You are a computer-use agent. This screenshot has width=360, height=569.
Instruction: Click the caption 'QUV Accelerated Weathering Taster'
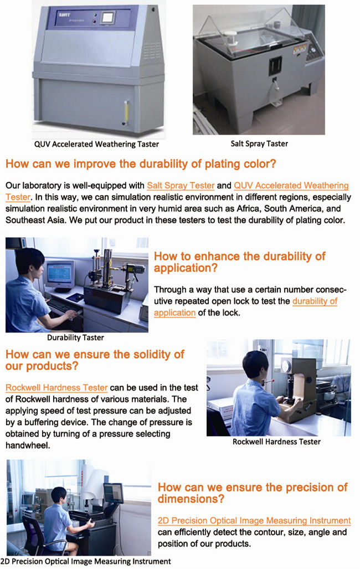click(x=96, y=144)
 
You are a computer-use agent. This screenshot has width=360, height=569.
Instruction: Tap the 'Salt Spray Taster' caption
click(x=259, y=143)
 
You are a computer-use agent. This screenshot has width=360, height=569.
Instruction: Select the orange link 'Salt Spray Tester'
click(x=181, y=186)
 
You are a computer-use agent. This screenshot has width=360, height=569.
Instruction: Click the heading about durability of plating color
click(x=141, y=163)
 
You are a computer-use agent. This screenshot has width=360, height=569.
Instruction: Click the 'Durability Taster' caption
click(x=75, y=337)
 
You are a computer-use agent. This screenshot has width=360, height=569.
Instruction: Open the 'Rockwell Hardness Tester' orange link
click(x=56, y=388)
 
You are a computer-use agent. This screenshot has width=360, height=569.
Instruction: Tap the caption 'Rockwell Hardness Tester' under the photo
click(x=276, y=442)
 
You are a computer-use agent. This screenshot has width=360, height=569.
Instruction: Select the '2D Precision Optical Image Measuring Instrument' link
click(x=254, y=520)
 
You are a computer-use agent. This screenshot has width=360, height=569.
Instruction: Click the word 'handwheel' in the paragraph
click(x=27, y=445)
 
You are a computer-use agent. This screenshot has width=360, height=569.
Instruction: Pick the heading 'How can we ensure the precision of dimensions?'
click(x=253, y=493)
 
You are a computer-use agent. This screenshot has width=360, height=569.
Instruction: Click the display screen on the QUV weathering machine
click(x=108, y=17)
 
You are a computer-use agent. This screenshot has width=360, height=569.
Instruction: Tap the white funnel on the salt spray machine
click(x=230, y=37)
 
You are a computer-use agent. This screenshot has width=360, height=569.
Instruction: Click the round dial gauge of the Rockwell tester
click(x=287, y=366)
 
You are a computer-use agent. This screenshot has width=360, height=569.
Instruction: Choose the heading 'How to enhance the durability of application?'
click(x=239, y=262)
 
